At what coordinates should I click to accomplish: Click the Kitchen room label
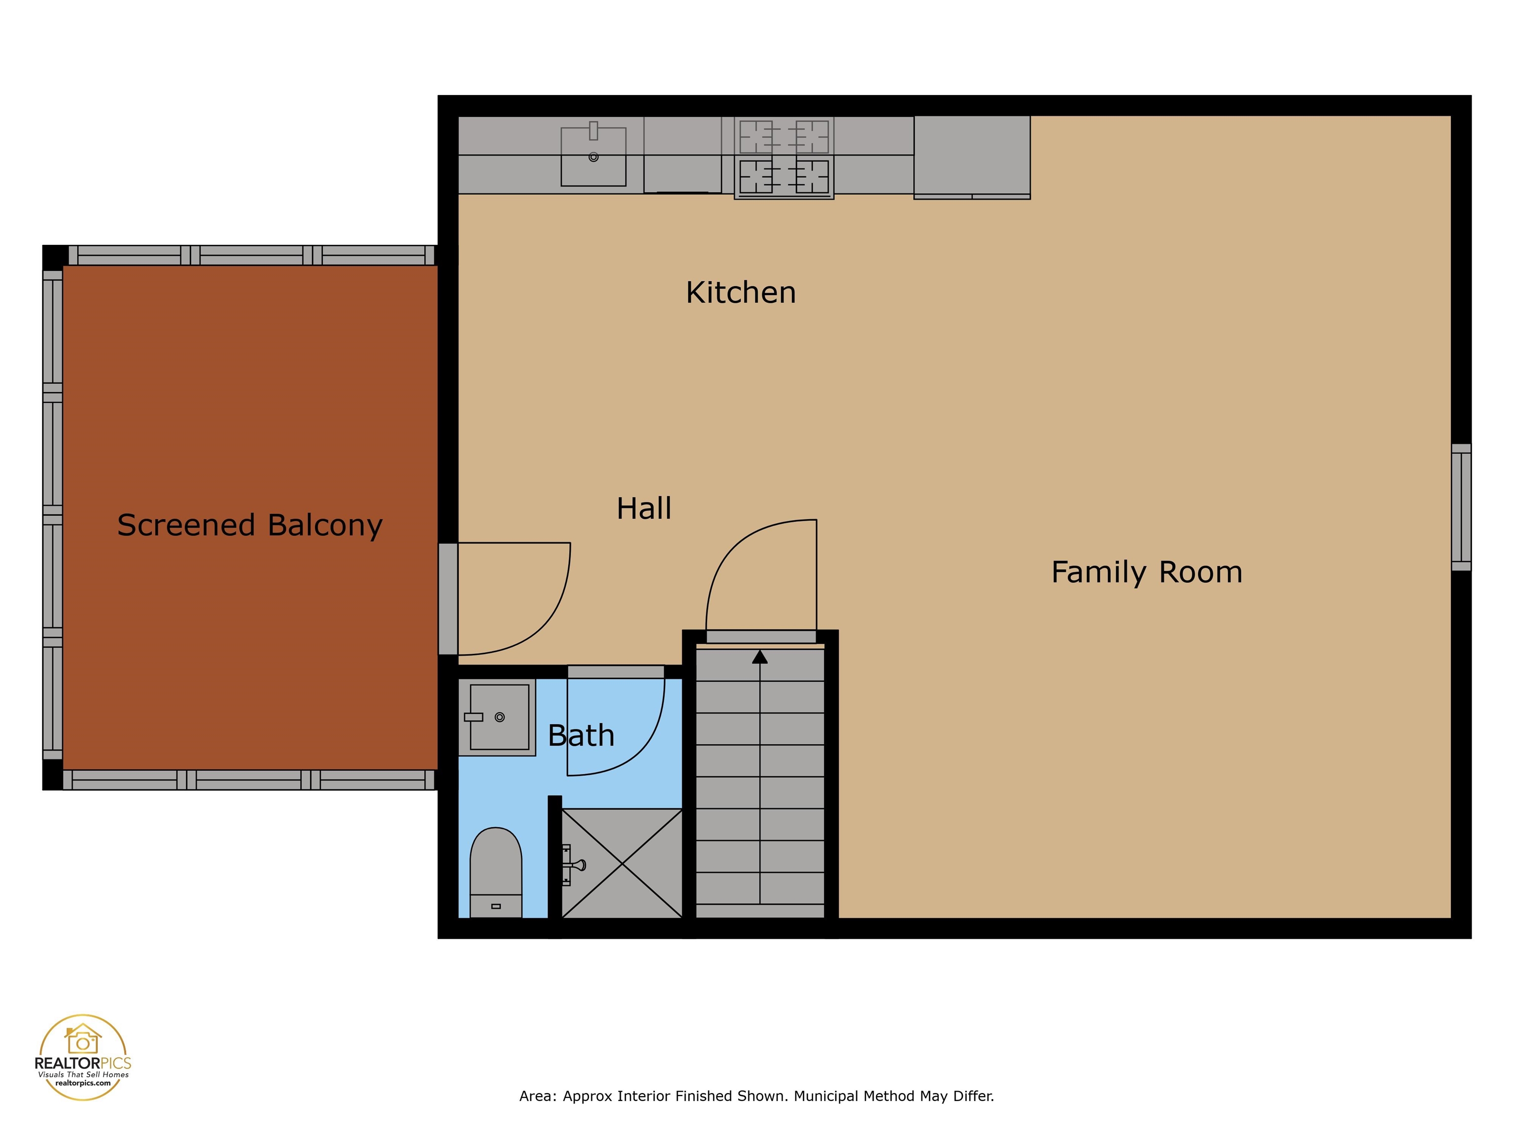741,293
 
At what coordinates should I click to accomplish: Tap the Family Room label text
1146,572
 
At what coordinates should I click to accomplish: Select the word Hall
643,508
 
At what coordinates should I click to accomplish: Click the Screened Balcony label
250,526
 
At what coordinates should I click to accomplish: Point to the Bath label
581,735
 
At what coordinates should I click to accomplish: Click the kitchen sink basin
593,157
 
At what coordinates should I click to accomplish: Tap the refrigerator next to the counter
972,156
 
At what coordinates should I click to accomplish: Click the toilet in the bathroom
495,872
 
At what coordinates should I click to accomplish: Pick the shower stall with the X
621,864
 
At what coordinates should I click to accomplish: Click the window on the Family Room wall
1461,507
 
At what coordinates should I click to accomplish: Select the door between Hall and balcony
447,599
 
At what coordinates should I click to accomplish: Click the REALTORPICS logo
83,1057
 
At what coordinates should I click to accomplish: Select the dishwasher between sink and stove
683,156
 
